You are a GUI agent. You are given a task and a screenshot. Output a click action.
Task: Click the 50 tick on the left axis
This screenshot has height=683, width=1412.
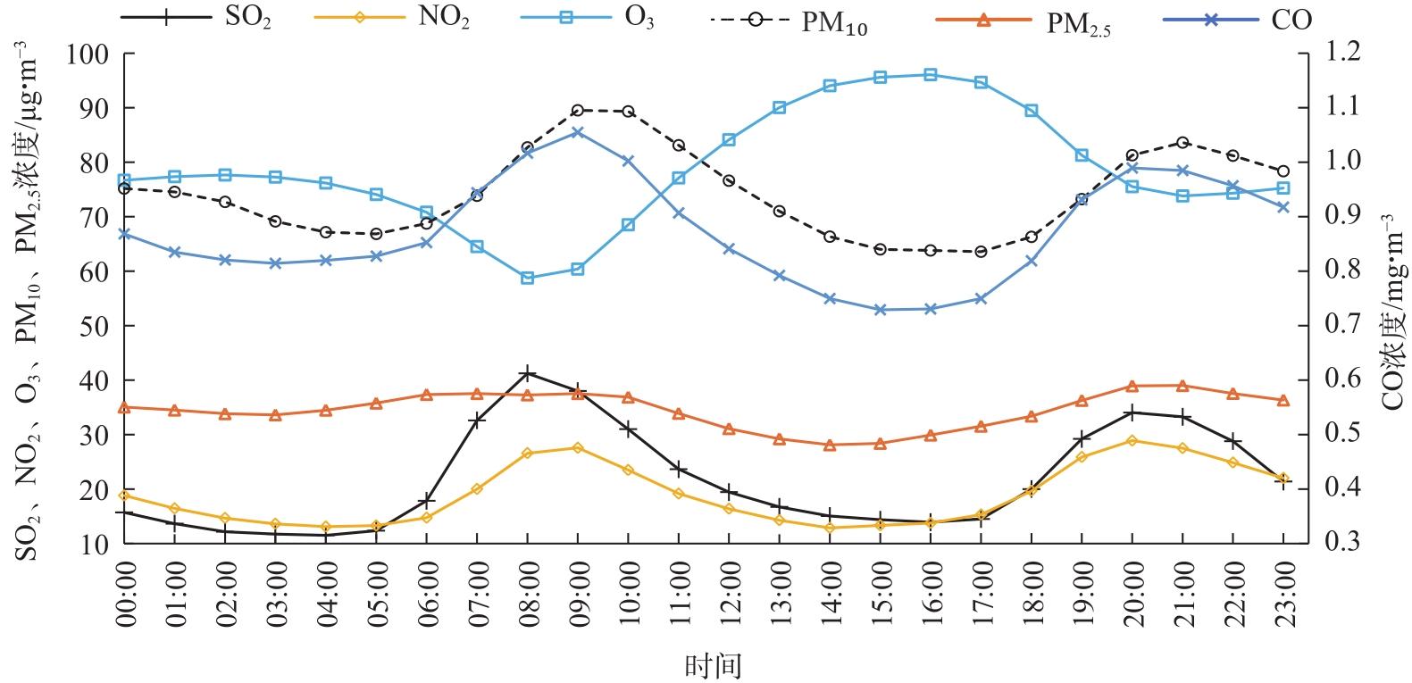[95, 327]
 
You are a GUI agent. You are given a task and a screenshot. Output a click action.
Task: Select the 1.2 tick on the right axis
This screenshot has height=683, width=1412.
[1341, 54]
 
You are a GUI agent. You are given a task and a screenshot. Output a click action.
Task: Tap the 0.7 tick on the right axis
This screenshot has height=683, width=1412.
[1341, 326]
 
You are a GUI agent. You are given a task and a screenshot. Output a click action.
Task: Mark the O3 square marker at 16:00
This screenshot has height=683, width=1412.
[931, 75]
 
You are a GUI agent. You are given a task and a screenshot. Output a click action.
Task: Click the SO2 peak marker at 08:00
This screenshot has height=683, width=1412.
[528, 373]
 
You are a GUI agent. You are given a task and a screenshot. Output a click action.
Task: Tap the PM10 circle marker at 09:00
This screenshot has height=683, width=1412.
[577, 111]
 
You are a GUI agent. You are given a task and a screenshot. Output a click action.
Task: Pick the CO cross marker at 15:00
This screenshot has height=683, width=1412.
[880, 310]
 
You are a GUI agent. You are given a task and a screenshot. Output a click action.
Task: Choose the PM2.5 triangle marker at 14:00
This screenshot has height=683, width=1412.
[830, 445]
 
